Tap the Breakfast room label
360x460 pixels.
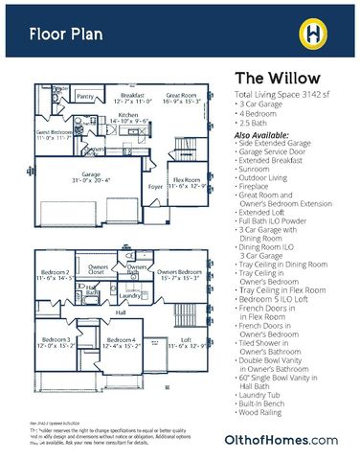(x=133, y=96)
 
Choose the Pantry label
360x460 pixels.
(x=85, y=97)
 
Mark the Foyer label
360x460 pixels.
(x=155, y=188)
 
